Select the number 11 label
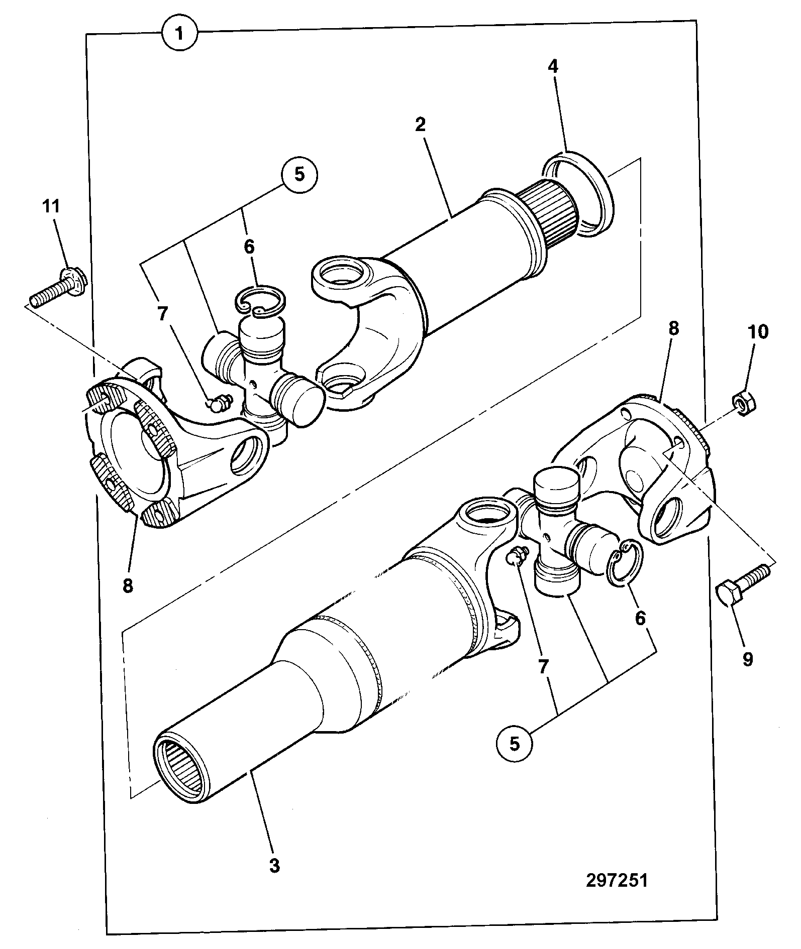click(51, 206)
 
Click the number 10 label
click(758, 331)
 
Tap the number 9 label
click(747, 659)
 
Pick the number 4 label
click(553, 67)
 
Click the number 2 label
click(420, 124)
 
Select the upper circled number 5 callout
click(299, 174)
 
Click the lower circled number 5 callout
click(515, 743)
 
